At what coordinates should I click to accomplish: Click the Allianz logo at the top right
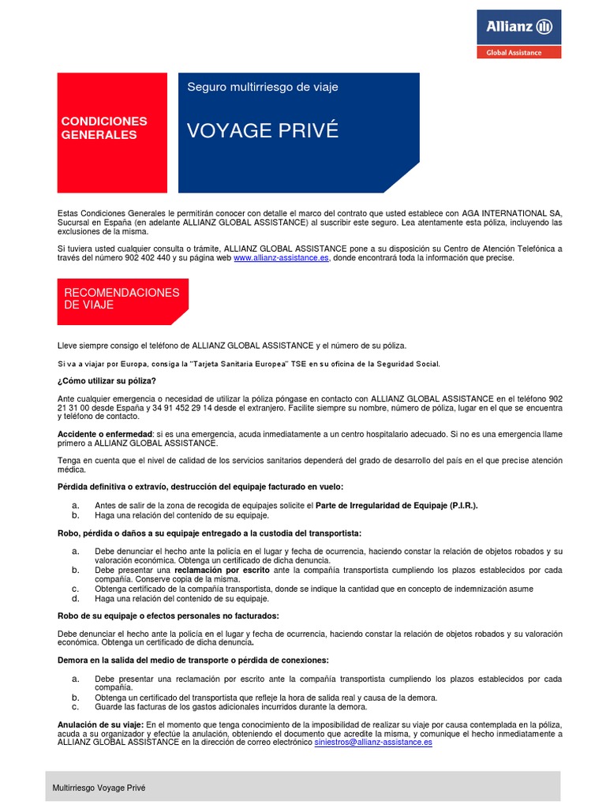(x=518, y=28)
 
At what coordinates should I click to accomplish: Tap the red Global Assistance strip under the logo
(x=518, y=52)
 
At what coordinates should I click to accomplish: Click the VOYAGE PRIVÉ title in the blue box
(x=263, y=131)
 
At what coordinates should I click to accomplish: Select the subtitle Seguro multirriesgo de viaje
(x=263, y=87)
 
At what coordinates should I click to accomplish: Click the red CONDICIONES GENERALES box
(x=112, y=128)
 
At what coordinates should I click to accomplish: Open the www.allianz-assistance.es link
(x=281, y=258)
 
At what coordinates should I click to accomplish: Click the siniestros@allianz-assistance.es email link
(x=373, y=743)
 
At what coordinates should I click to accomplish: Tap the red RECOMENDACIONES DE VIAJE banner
(x=122, y=299)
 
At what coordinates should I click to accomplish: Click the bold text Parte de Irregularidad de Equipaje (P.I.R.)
(x=397, y=505)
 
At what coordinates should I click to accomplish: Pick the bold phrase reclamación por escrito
(x=222, y=570)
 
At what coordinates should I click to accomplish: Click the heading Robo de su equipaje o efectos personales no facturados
(x=168, y=615)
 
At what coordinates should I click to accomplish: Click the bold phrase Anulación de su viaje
(x=100, y=724)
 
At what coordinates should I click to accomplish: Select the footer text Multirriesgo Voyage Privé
(x=99, y=787)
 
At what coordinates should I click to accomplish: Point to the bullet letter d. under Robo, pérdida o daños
(x=75, y=598)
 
